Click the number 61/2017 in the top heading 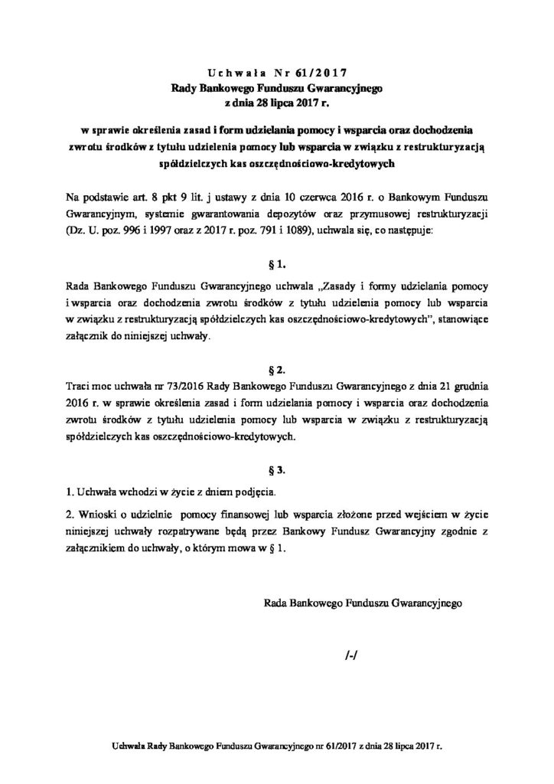325,73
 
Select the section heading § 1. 277,265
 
